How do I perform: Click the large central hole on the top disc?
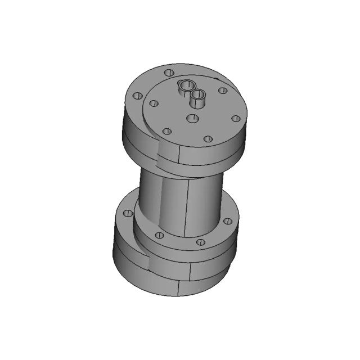point(192,118)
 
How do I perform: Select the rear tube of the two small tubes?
point(185,87)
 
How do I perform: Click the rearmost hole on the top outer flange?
point(168,73)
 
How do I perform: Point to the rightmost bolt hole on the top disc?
point(236,119)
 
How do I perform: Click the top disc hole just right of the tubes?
point(223,90)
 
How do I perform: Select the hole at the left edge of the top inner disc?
point(152,103)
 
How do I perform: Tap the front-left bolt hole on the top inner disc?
point(166,132)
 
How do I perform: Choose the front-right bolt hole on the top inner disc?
point(208,138)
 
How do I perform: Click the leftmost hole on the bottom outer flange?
point(128,213)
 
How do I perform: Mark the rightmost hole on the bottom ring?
point(227,221)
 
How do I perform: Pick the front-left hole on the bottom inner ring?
point(159,235)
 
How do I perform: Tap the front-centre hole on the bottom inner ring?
point(200,242)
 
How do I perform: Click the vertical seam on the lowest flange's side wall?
point(179,287)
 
